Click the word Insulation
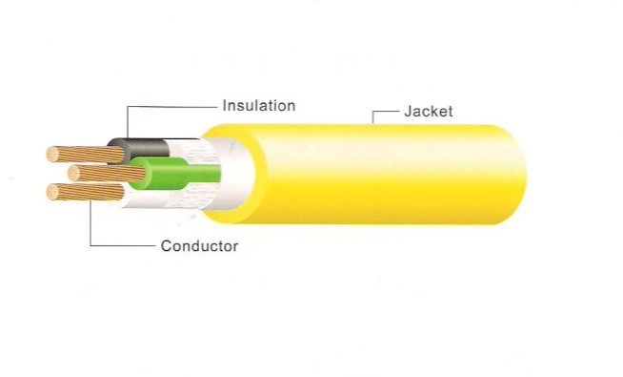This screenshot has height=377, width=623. point(259,106)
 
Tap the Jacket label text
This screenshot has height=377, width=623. point(429,111)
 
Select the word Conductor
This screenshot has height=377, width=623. point(199,245)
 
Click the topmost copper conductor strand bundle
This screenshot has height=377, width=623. point(87,155)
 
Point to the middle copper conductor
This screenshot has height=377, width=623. point(108,173)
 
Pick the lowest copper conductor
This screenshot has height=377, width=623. point(86,192)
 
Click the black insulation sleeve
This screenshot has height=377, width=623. point(139,151)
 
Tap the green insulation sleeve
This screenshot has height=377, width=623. point(175,174)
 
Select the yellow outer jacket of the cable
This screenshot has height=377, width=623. point(366,174)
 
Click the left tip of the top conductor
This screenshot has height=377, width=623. point(48,155)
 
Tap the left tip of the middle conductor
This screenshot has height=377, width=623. point(69,173)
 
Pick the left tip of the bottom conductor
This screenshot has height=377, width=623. point(48,192)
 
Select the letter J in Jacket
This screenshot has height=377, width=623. point(408,111)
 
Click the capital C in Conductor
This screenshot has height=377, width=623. point(166,245)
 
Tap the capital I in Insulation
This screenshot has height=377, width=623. point(224,106)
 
